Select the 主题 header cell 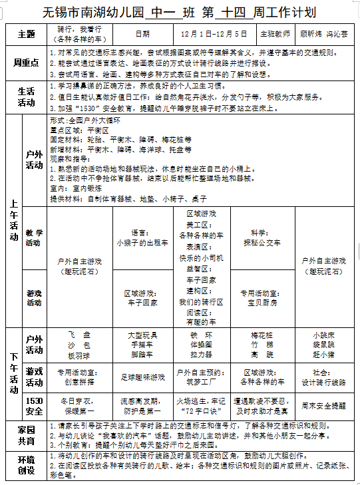tap(26, 35)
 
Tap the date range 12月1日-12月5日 tap(214, 34)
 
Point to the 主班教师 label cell tap(275, 34)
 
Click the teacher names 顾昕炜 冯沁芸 tap(325, 34)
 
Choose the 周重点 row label tap(26, 62)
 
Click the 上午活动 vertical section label tap(13, 220)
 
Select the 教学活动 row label tap(34, 238)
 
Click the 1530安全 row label tap(34, 406)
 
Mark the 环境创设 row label tap(26, 465)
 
